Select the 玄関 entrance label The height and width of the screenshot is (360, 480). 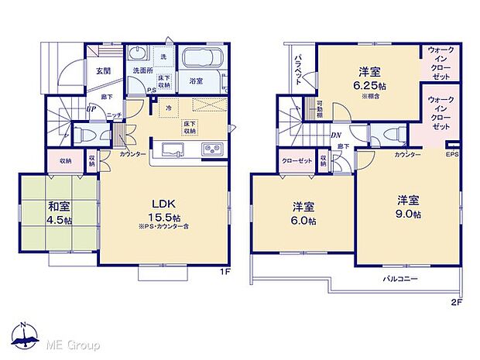pyautogui.click(x=103, y=70)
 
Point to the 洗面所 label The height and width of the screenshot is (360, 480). pyautogui.click(x=140, y=71)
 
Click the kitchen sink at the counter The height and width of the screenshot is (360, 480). pyautogui.click(x=170, y=149)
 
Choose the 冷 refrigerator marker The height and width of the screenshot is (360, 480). pyautogui.click(x=170, y=108)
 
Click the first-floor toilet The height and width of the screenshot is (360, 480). pyautogui.click(x=84, y=132)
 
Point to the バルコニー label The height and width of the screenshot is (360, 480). pyautogui.click(x=400, y=277)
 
